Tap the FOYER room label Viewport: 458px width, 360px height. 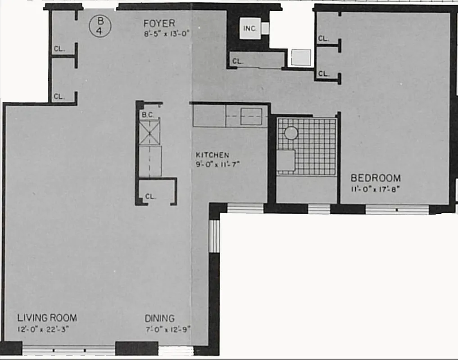[x=159, y=23]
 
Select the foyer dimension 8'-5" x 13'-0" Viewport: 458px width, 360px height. [x=166, y=33]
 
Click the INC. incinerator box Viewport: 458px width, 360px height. [x=250, y=28]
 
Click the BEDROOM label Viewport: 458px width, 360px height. [x=376, y=178]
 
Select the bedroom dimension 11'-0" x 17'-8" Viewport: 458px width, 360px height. [x=376, y=189]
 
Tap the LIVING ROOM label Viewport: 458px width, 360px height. [x=47, y=318]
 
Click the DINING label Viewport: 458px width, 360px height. [x=159, y=319]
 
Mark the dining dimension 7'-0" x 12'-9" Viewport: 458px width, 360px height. [x=168, y=329]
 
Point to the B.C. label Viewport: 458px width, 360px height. [x=147, y=115]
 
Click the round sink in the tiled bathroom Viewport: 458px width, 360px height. [x=291, y=133]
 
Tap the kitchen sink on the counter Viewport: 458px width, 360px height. [x=251, y=117]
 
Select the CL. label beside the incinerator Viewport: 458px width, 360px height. [x=238, y=61]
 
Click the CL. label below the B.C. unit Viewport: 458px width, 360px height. [x=150, y=196]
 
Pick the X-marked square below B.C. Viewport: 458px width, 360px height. [x=150, y=133]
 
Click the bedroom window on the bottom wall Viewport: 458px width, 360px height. [x=396, y=209]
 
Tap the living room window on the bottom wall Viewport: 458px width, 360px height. [x=68, y=350]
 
